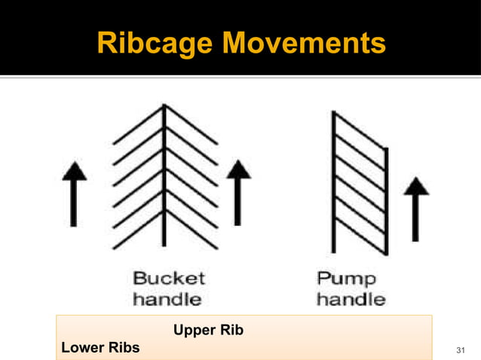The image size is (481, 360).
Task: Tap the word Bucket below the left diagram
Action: pos(169,278)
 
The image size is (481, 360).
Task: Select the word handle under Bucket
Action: pos(167,298)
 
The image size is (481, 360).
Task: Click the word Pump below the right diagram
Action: pos(345,278)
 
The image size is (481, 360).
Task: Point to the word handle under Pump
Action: pos(351,298)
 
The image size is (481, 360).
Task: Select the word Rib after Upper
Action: pos(232,331)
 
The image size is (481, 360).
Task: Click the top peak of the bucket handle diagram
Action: pos(164,108)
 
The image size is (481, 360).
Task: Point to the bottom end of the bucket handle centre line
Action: pos(164,245)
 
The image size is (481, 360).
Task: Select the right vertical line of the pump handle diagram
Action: pos(386,200)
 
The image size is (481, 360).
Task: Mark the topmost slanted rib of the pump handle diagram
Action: pos(360,131)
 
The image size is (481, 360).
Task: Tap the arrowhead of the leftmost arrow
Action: pos(74,169)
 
